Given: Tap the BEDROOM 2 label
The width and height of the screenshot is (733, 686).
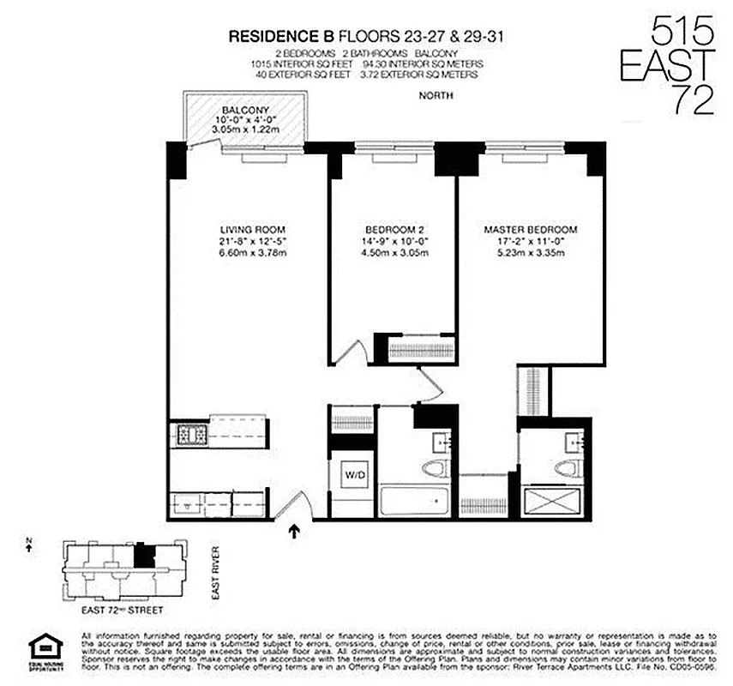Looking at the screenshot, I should (394, 230).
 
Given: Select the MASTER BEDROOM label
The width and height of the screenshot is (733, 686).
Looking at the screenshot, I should (530, 230).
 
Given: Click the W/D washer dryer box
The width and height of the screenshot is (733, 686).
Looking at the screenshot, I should (354, 473).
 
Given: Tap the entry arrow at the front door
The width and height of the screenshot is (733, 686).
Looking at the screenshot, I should (295, 532).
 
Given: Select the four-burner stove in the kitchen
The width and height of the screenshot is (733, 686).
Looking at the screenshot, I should (189, 436).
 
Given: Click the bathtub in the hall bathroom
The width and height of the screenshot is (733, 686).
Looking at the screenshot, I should (414, 502).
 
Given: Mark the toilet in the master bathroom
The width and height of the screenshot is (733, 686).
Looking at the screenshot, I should (565, 468).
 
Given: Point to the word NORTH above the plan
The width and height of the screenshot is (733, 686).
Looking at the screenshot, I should (436, 96).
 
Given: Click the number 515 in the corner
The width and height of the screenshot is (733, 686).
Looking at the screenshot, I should (682, 34).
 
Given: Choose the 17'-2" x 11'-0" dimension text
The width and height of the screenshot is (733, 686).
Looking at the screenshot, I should (530, 242).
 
